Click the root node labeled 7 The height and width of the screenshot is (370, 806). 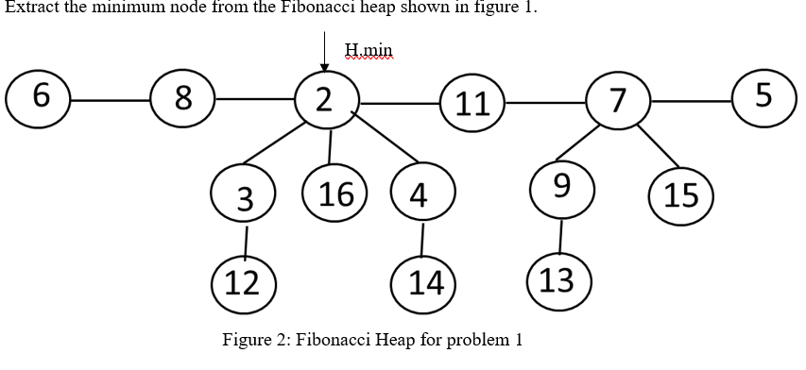618,100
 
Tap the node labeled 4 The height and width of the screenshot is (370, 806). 421,195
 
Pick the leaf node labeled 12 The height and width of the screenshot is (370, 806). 244,282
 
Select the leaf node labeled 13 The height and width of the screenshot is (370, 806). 559,279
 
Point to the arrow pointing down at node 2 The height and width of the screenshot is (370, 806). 324,51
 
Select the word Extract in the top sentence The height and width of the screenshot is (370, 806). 30,8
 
